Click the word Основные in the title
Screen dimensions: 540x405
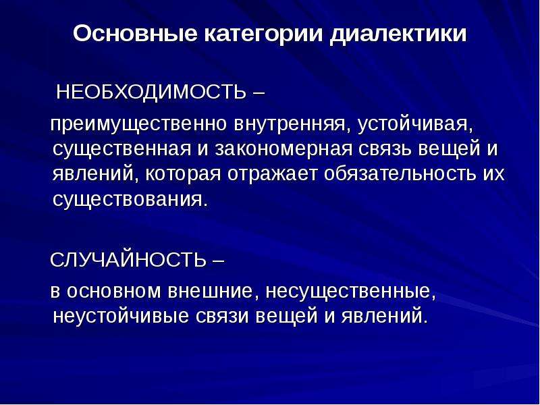[x=135, y=34]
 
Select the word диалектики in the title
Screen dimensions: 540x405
[x=398, y=35]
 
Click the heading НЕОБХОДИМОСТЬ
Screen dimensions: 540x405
[x=151, y=92]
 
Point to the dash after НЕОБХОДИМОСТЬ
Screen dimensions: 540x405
[x=259, y=93]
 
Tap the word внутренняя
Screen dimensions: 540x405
[x=292, y=124]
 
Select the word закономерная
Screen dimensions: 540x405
[x=284, y=148]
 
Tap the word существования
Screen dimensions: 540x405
[x=131, y=199]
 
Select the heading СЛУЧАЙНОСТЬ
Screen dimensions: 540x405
[x=128, y=259]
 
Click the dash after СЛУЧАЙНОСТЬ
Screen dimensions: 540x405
[x=218, y=260]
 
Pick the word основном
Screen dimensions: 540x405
[x=113, y=291]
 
